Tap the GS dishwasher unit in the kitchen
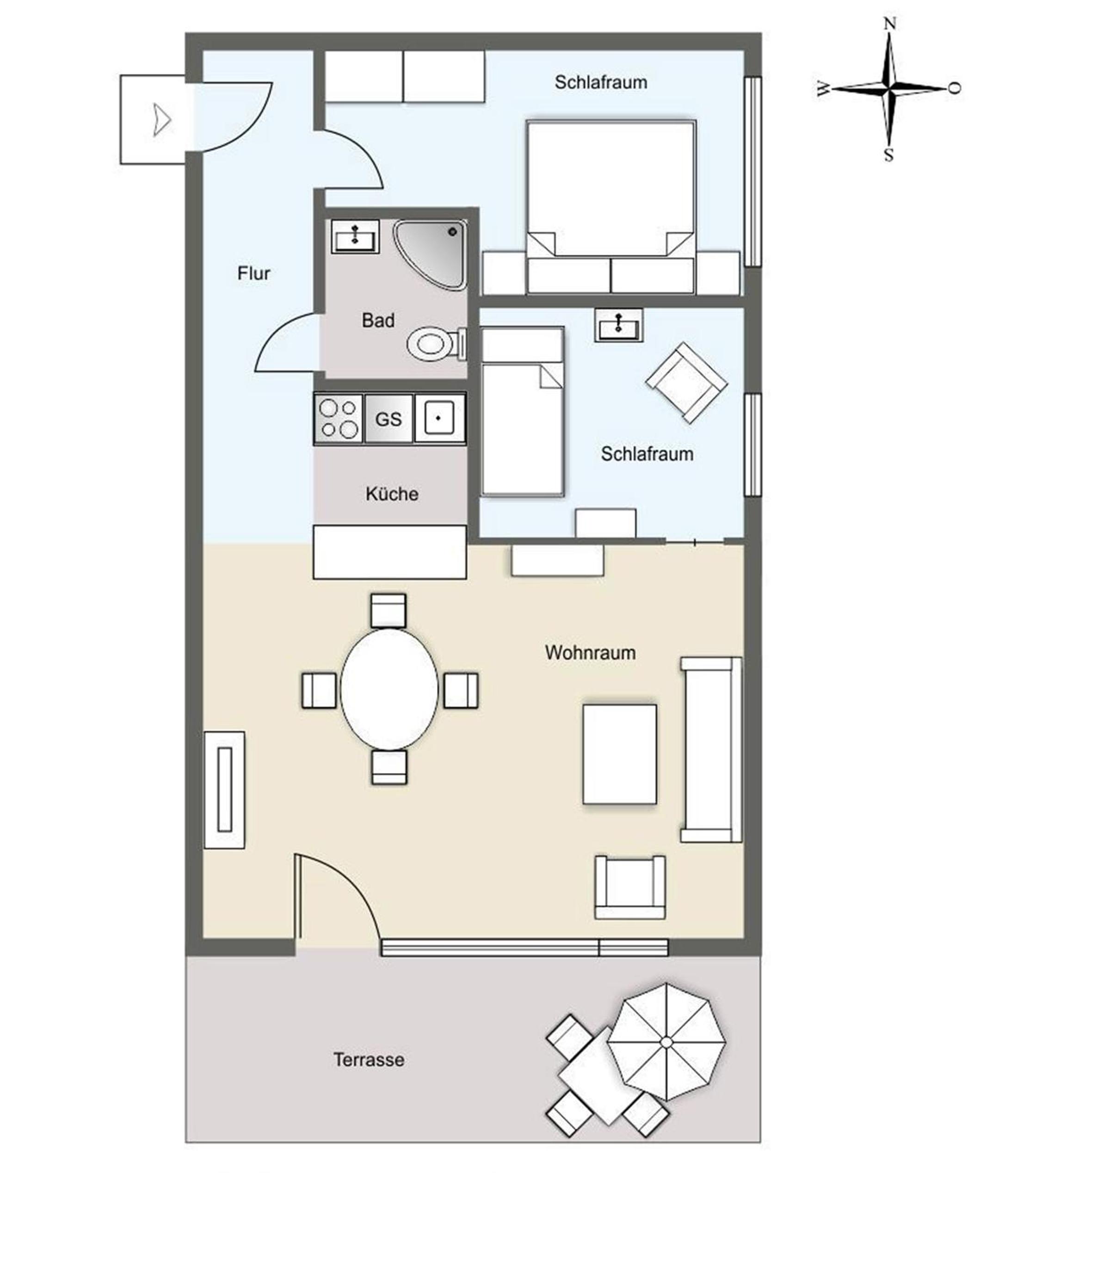388,419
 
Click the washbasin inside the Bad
355,236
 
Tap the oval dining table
389,689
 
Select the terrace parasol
666,1043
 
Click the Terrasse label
369,1060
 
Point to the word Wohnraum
590,652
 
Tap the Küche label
391,494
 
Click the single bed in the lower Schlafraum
522,412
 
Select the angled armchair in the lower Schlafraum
686,383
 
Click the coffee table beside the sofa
619,754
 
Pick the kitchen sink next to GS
439,419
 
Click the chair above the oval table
388,610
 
